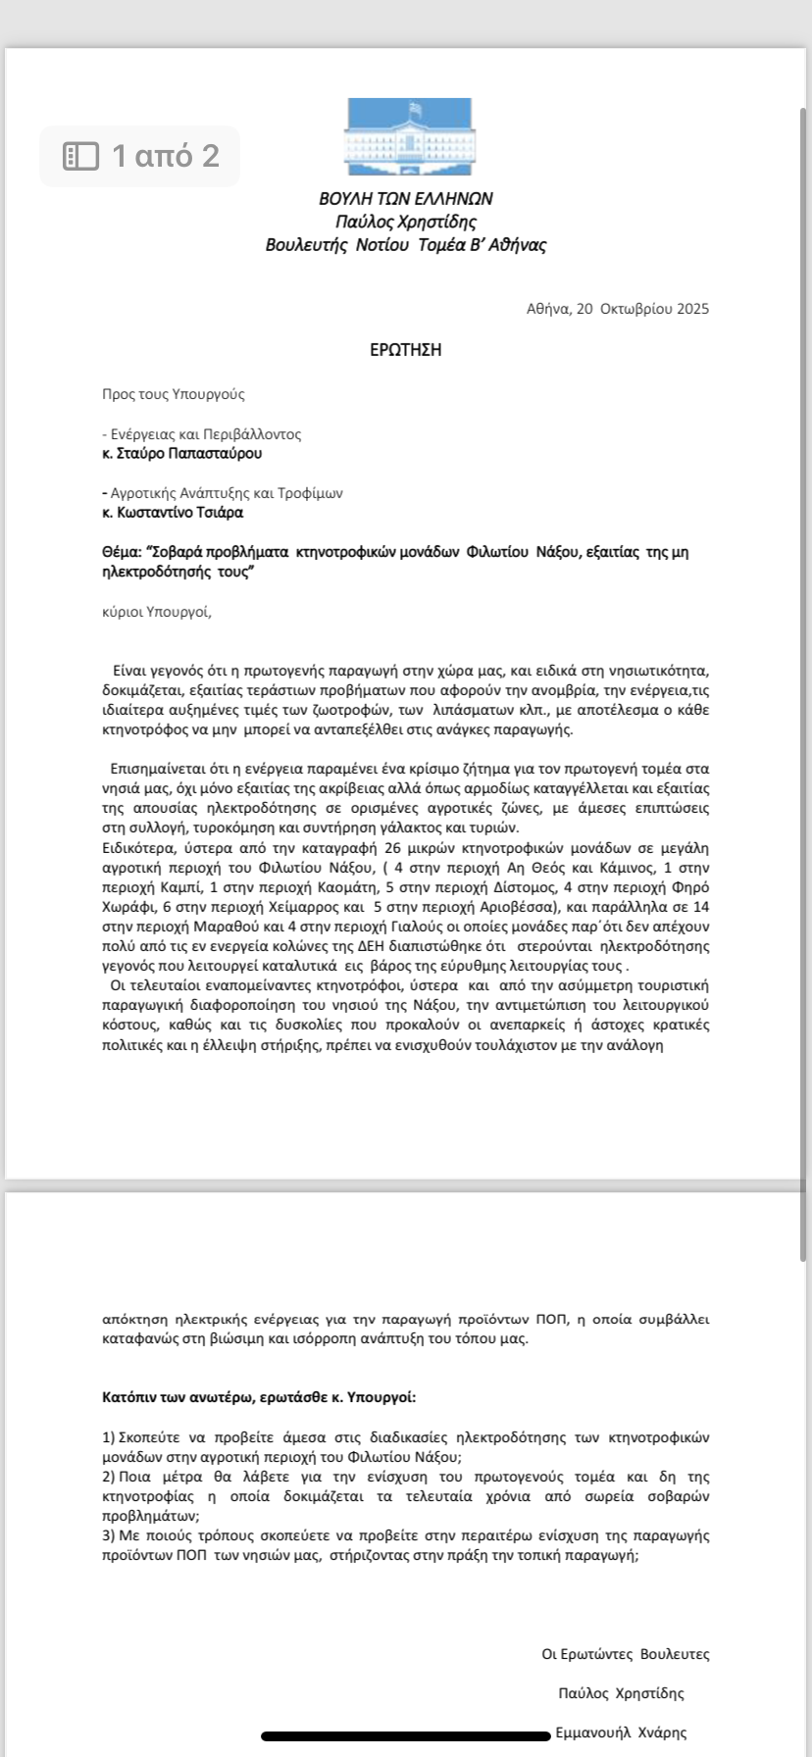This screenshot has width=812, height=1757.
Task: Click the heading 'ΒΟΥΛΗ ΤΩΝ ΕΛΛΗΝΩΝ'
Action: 406,199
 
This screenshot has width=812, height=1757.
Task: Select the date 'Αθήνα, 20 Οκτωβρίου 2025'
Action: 617,309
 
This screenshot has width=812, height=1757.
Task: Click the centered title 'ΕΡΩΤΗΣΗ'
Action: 405,350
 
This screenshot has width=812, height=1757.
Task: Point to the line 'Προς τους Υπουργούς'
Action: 174,394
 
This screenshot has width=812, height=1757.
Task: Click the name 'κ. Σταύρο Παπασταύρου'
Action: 182,454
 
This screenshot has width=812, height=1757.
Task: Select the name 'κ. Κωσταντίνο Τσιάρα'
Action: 173,513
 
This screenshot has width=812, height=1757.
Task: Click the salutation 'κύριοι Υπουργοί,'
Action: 157,613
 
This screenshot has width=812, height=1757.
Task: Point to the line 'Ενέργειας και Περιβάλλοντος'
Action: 205,434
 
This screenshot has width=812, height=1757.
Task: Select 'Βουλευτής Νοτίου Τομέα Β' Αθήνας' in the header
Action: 406,245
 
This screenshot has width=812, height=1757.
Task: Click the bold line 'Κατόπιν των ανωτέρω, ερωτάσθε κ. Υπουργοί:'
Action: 259,1397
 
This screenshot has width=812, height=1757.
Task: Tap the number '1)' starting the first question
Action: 109,1437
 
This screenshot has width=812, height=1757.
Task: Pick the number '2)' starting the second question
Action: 109,1477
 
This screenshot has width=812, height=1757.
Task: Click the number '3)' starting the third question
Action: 109,1535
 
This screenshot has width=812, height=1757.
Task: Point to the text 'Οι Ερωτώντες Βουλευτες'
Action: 626,1654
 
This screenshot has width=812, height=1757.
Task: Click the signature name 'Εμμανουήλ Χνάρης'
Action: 621,1732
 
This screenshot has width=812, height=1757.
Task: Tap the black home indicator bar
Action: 406,1736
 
